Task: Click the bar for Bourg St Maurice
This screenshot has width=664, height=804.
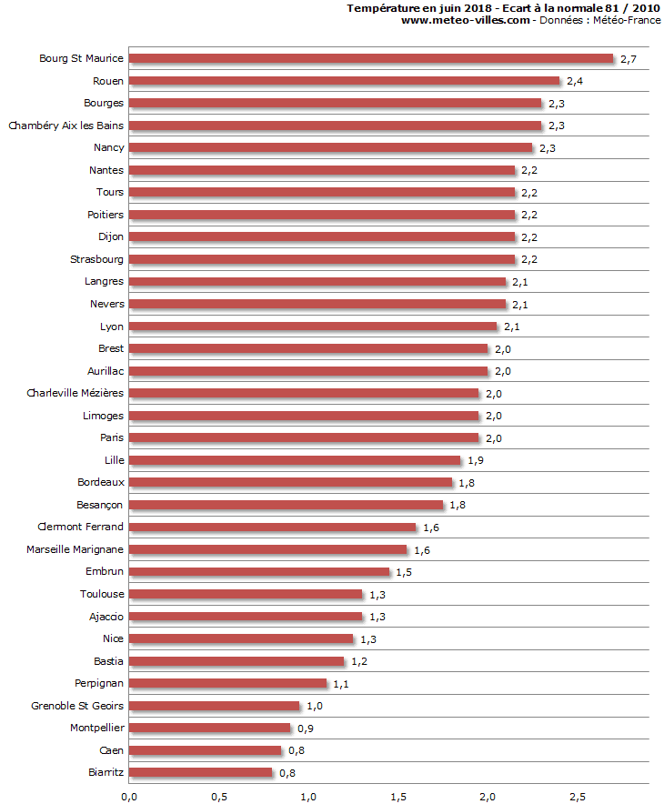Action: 371,58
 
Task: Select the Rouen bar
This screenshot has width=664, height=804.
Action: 344,81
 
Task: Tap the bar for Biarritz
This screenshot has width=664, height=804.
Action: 200,773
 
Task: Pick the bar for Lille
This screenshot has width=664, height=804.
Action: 295,460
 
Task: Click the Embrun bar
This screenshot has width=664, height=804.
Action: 259,572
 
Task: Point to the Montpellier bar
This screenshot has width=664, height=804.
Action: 209,728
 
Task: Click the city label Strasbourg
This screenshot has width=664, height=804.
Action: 96,259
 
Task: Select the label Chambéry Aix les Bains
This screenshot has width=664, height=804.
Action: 65,126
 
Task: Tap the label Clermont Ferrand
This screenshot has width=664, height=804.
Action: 80,527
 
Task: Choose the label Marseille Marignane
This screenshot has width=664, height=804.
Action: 75,549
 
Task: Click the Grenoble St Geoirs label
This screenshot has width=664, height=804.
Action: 77,706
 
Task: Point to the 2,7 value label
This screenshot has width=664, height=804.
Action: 629,59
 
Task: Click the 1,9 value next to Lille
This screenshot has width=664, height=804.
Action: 475,461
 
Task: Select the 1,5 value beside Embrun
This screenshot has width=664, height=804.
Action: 404,573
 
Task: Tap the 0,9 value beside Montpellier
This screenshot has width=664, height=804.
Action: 305,729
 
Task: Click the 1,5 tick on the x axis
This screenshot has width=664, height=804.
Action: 397,797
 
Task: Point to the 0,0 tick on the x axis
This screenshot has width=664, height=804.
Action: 128,797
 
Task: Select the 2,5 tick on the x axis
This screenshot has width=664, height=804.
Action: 577,797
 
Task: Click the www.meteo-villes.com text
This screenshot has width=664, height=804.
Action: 465,20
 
